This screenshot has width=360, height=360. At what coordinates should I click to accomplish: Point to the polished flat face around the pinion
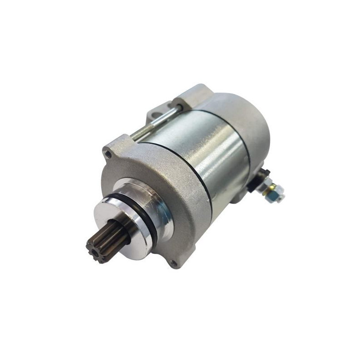pos(119,216)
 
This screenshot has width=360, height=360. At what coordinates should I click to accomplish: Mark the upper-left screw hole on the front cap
pos(108,154)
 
